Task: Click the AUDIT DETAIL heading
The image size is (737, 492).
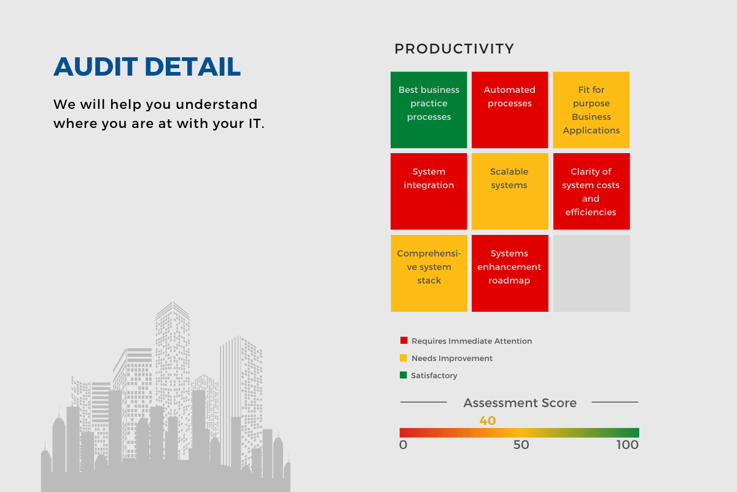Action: tap(147, 66)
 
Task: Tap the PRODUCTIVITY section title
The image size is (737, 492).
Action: tap(454, 49)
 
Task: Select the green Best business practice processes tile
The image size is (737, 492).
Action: tap(429, 109)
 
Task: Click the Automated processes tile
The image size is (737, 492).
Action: tap(510, 109)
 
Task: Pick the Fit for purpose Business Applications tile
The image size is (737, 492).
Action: tap(591, 109)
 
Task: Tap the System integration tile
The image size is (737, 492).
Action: tap(429, 191)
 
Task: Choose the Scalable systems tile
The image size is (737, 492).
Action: tap(510, 191)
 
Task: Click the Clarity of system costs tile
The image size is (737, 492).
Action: tap(591, 191)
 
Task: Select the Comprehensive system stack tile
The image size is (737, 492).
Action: tap(429, 273)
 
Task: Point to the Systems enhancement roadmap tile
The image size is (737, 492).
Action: tap(510, 273)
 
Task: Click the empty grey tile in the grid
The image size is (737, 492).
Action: tap(591, 273)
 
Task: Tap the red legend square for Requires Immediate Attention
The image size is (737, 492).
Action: tap(404, 341)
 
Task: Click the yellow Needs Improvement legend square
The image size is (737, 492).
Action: tap(404, 358)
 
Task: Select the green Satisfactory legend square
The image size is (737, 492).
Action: tap(404, 375)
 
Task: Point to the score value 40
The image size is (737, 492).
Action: tap(488, 421)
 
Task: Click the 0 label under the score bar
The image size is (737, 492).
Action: tap(404, 445)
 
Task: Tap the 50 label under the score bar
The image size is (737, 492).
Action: tap(521, 445)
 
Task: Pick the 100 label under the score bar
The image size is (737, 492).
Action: tap(628, 445)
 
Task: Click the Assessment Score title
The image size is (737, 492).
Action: tap(520, 403)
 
